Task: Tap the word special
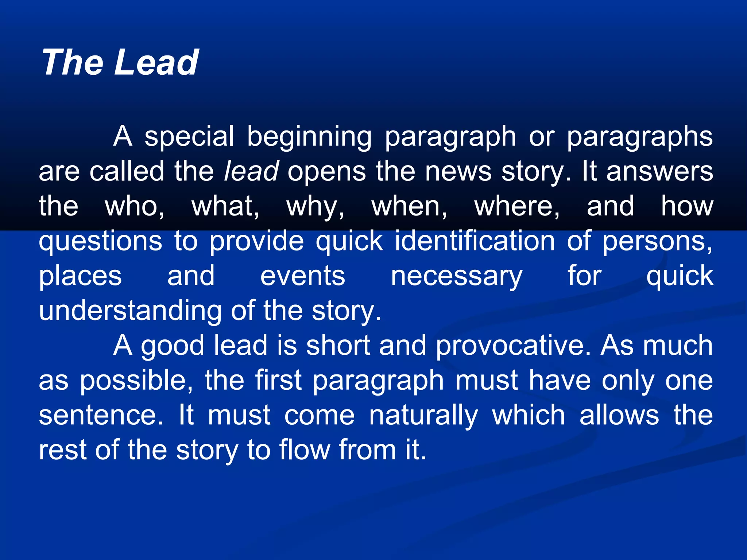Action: (189, 137)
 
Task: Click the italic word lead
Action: (251, 171)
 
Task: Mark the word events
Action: (302, 276)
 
